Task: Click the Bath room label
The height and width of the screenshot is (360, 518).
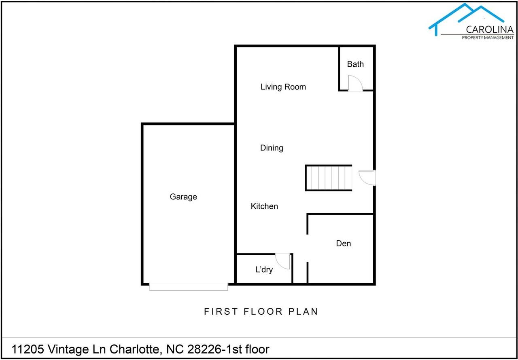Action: pyautogui.click(x=355, y=64)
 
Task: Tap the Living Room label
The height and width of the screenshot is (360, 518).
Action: pyautogui.click(x=283, y=87)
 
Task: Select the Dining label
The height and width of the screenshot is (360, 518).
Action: pyautogui.click(x=272, y=148)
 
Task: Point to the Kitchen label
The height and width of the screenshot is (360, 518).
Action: pyautogui.click(x=264, y=206)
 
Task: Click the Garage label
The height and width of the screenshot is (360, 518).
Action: pyautogui.click(x=183, y=197)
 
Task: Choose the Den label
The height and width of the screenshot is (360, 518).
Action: pyautogui.click(x=344, y=244)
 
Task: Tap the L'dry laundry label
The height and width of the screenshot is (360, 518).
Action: pyautogui.click(x=264, y=269)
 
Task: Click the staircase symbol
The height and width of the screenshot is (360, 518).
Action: pyautogui.click(x=329, y=178)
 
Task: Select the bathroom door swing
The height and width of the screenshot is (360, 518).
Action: pyautogui.click(x=355, y=83)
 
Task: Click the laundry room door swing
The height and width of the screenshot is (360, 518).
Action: pyautogui.click(x=282, y=261)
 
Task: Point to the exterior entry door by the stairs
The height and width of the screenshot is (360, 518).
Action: pyautogui.click(x=367, y=178)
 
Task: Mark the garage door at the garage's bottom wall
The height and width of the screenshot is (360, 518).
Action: pyautogui.click(x=189, y=287)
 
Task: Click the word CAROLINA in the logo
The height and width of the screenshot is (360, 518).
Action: pyautogui.click(x=490, y=30)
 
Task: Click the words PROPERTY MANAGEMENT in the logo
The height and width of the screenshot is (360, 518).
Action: pyautogui.click(x=488, y=38)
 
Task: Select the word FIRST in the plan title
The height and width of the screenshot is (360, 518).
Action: pyautogui.click(x=221, y=311)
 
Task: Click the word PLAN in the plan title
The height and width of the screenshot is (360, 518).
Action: pyautogui.click(x=303, y=311)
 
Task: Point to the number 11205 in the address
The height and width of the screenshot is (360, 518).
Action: pyautogui.click(x=28, y=349)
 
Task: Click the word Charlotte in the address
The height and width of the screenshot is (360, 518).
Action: pyautogui.click(x=134, y=349)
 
